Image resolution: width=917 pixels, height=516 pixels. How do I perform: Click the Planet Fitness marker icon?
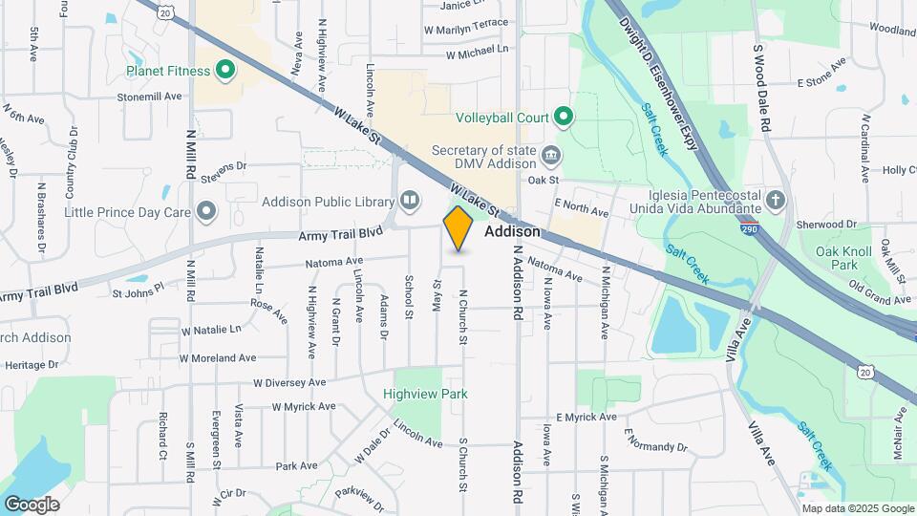tap(226, 69)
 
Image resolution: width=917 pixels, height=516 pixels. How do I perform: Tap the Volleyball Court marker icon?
tap(564, 118)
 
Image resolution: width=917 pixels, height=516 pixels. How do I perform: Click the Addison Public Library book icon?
tap(409, 201)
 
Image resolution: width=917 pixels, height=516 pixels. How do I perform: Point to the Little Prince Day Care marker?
tap(205, 211)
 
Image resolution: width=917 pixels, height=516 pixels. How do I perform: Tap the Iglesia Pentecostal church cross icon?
tap(776, 201)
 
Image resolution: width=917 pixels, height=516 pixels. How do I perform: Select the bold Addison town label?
tap(513, 232)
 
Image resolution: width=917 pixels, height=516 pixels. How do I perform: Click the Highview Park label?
tap(425, 393)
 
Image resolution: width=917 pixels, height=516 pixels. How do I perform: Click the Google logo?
tap(32, 505)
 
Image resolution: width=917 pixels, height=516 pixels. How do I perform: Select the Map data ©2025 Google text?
tap(857, 508)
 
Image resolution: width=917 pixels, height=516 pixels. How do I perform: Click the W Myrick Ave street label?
tap(304, 406)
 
